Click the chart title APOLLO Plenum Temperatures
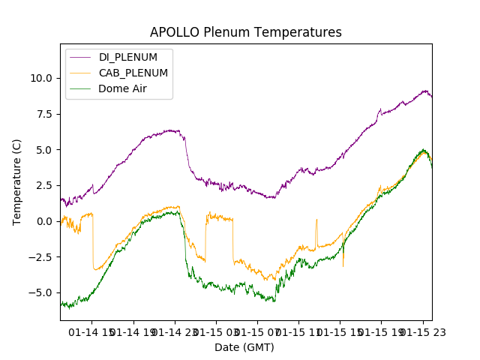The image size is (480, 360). click(245, 32)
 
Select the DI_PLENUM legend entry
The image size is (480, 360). click(127, 57)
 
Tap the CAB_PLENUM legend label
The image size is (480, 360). click(133, 73)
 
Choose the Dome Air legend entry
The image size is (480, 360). click(123, 88)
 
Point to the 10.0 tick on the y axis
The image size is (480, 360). click(41, 78)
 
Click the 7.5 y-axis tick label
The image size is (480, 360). click(44, 114)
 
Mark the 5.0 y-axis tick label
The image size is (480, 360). click(44, 150)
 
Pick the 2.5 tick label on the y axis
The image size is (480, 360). click(44, 185)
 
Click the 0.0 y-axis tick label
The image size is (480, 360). click(44, 221)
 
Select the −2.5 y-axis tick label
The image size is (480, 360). click(41, 257)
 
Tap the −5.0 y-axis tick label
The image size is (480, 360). click(41, 292)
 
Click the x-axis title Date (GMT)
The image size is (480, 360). click(244, 347)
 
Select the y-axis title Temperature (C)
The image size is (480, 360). click(16, 181)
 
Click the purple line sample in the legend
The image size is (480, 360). click(81, 57)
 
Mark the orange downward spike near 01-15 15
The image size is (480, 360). click(343, 264)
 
